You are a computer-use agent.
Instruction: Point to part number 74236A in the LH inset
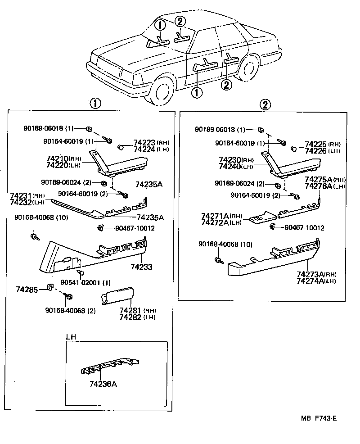pyautogui.click(x=103, y=384)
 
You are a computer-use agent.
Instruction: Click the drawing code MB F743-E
pyautogui.click(x=318, y=418)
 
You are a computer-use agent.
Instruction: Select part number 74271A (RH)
pyautogui.click(x=221, y=217)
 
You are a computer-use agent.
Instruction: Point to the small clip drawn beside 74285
pyautogui.click(x=51, y=287)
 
